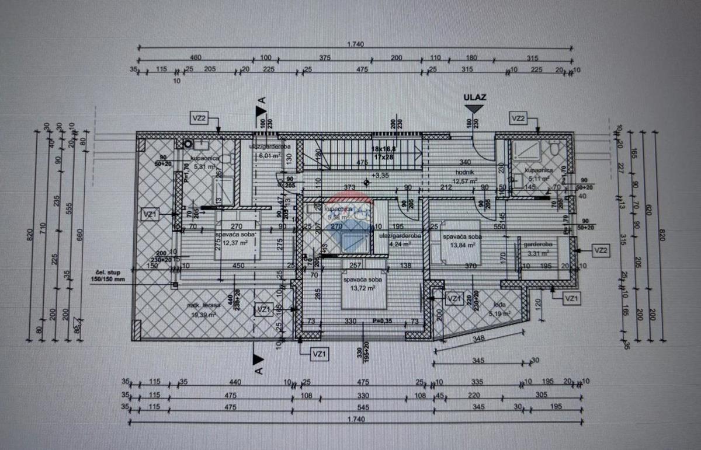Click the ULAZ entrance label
(x=474, y=97)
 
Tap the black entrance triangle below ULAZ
(x=474, y=108)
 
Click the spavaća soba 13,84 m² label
(x=461, y=240)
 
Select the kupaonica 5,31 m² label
(x=204, y=162)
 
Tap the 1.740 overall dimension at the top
(x=356, y=44)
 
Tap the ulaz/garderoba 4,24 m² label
(x=399, y=239)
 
